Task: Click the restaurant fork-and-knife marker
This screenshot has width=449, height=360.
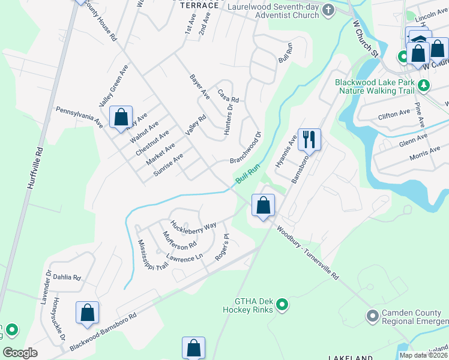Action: coord(309,139)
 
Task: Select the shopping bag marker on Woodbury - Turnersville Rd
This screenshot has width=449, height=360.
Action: coord(263,205)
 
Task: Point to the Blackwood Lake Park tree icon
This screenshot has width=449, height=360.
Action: coord(424,85)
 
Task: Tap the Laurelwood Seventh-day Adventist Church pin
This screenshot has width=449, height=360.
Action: coord(328,10)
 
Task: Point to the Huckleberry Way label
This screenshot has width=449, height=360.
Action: coord(193,226)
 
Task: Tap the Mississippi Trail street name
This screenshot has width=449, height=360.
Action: coord(145,256)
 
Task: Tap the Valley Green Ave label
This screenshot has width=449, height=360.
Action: coord(114,86)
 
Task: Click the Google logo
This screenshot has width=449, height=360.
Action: coord(20,353)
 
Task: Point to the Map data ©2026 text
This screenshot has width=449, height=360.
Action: coord(423,355)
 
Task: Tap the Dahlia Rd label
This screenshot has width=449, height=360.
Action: coord(68,278)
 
